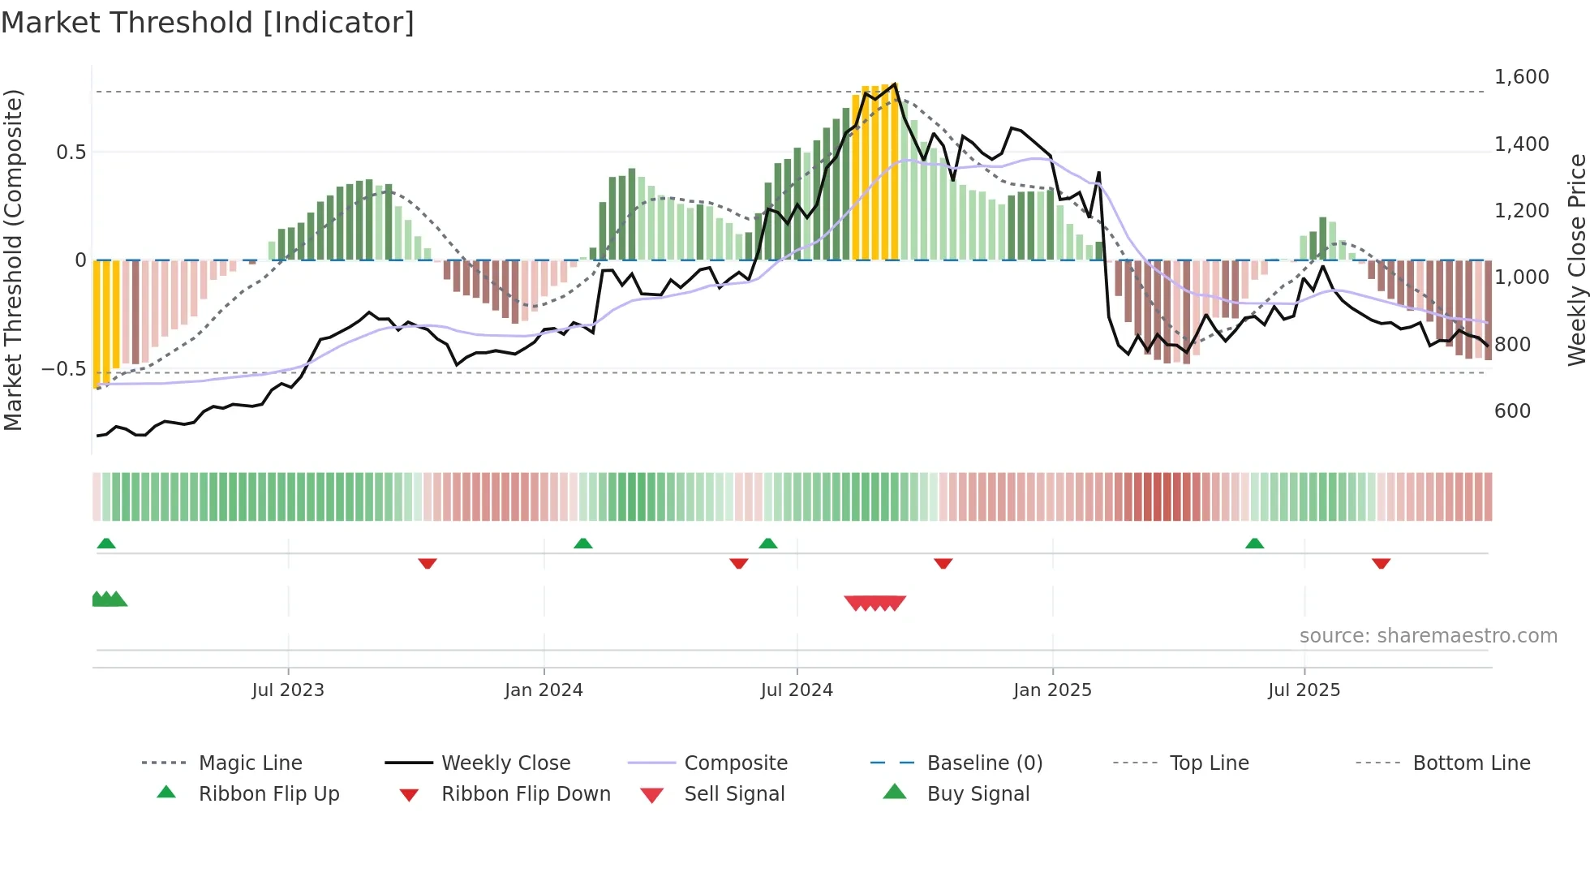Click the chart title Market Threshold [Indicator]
208,23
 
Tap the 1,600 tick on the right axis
1521,77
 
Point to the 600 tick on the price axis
1512,411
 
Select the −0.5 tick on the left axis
63,369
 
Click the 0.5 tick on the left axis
71,153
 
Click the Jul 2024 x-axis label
796,690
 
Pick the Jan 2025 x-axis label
1052,690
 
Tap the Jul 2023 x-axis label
287,690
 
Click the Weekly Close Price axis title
1576,260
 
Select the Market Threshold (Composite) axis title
13,260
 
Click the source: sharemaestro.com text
1428,636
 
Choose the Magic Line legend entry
250,763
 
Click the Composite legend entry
735,763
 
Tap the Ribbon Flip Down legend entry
525,794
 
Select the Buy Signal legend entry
978,794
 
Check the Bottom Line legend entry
1471,763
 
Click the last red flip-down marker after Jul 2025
1381,563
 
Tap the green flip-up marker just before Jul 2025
1254,544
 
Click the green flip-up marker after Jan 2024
582,544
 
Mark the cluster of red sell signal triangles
874,603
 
